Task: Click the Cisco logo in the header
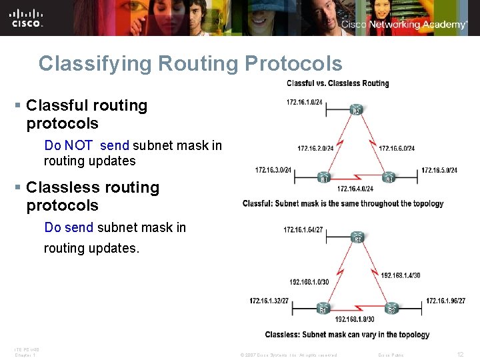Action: (x=27, y=18)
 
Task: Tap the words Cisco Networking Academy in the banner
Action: (x=404, y=25)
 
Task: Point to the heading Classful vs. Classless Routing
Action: (x=337, y=83)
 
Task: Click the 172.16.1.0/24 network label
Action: (x=305, y=102)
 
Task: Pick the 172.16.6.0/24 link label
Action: (x=397, y=148)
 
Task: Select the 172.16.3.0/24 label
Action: (x=273, y=171)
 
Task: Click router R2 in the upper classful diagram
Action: (x=356, y=110)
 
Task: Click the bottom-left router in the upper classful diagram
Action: (x=323, y=178)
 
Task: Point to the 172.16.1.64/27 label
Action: (x=303, y=230)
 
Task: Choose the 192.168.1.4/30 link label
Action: (x=400, y=275)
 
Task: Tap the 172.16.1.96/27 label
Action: (x=446, y=301)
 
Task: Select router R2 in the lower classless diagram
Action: (x=357, y=237)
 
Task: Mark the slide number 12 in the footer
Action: (x=460, y=355)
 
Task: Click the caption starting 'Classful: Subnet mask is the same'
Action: (x=343, y=203)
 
